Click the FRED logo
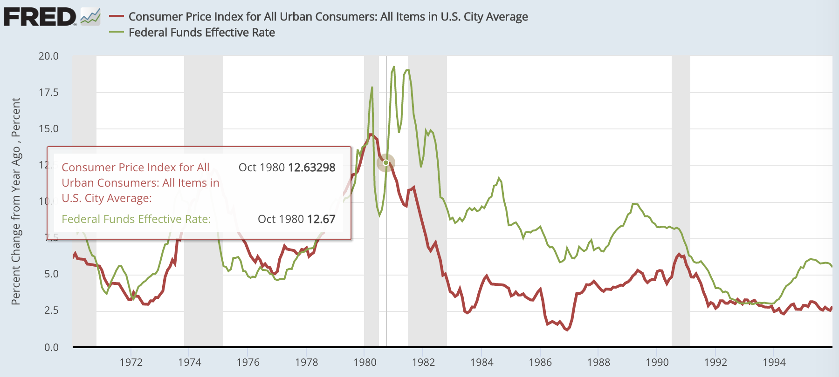coord(40,17)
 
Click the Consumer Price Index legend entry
coord(328,17)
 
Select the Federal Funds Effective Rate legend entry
coord(201,33)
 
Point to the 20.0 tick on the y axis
coord(48,56)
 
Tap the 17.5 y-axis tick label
coord(48,93)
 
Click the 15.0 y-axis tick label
coord(48,129)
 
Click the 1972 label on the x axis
coord(131,362)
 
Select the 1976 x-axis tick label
coord(248,362)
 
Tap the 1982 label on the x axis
coord(423,362)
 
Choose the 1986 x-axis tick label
coord(540,362)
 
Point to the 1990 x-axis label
coord(657,362)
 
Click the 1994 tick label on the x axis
coord(774,362)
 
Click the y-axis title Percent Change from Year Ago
coord(16,201)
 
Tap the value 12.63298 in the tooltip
coord(311,168)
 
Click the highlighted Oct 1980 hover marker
coord(386,162)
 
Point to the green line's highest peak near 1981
coord(394,67)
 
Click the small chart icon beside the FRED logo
coord(90,17)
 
